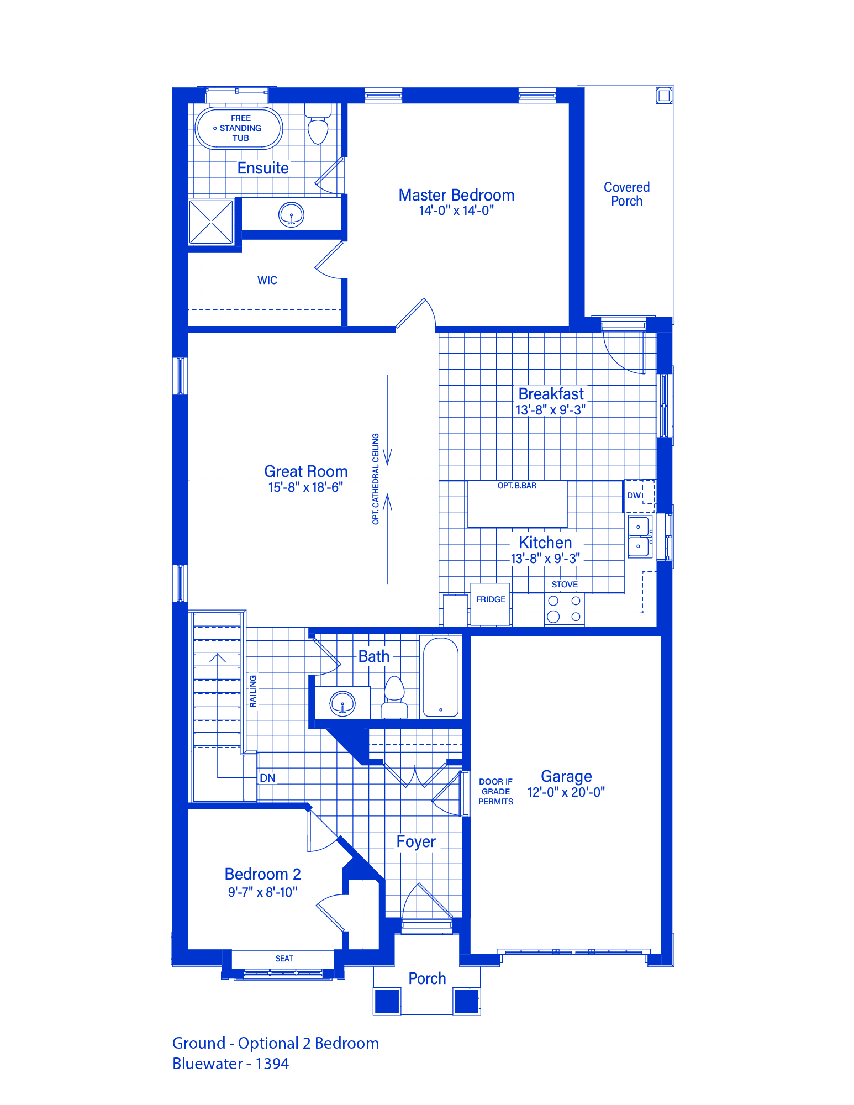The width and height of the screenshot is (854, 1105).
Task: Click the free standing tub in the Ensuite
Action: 239,128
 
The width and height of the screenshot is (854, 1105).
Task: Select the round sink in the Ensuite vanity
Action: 291,214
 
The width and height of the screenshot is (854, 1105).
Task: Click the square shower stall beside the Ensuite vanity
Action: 211,222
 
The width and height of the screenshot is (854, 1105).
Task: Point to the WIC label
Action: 267,280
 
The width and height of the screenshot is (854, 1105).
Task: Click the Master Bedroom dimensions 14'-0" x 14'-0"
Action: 456,211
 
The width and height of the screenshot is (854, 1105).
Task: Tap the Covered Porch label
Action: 626,194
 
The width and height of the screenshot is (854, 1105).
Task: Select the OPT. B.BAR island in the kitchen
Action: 517,503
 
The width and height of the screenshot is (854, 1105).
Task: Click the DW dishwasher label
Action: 634,495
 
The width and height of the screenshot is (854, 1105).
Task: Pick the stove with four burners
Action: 565,609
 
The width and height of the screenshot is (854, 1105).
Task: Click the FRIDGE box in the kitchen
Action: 491,604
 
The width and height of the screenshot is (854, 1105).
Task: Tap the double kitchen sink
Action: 640,536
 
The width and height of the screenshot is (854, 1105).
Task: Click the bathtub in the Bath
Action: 440,677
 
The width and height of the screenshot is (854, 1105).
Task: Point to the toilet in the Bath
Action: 394,697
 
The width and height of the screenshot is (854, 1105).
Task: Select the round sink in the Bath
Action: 342,703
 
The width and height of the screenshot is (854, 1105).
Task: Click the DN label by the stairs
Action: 267,778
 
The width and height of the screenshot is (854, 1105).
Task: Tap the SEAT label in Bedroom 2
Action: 284,959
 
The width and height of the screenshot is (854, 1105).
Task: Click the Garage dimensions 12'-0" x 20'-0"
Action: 566,792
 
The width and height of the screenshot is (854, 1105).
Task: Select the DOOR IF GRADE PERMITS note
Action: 496,792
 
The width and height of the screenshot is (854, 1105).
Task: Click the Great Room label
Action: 306,471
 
